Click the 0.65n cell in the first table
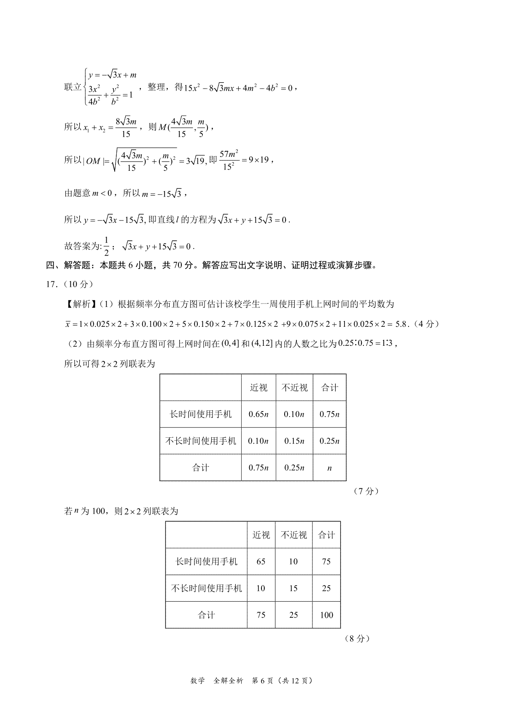258,414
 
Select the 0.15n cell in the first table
294,441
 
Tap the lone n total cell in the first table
329,468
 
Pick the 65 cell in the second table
261,562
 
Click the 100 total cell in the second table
326,615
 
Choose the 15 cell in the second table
293,588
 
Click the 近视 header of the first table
258,388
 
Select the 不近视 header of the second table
293,535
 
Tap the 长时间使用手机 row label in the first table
201,414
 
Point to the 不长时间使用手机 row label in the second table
207,588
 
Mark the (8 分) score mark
357,638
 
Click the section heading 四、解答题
68,266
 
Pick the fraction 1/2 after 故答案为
106,247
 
